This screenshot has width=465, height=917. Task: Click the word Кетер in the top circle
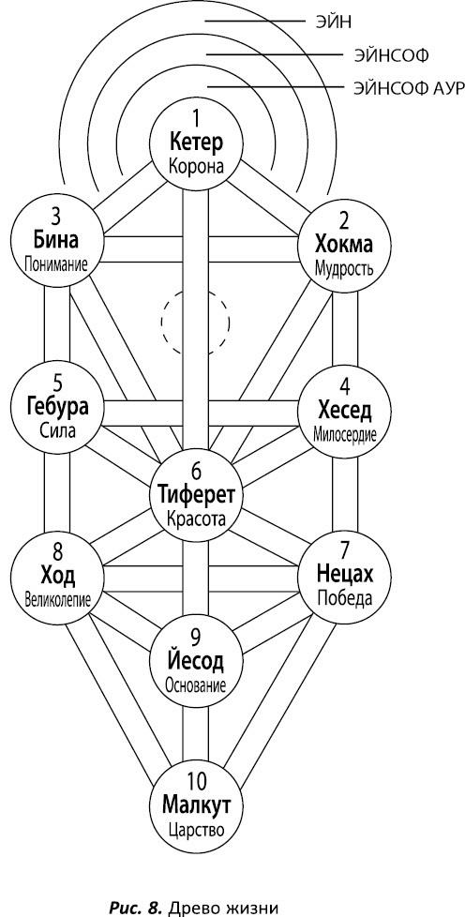click(x=195, y=143)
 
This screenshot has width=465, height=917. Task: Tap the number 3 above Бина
click(x=57, y=217)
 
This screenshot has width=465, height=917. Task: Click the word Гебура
click(x=57, y=407)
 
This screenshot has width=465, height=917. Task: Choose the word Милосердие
click(x=344, y=435)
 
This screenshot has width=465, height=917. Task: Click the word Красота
click(x=195, y=519)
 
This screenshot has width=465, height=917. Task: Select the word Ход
click(x=57, y=577)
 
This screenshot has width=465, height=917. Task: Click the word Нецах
click(x=344, y=575)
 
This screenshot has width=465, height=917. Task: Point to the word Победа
click(x=344, y=599)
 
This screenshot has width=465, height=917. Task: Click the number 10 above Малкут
click(x=195, y=782)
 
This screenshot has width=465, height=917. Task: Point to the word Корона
click(x=195, y=167)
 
